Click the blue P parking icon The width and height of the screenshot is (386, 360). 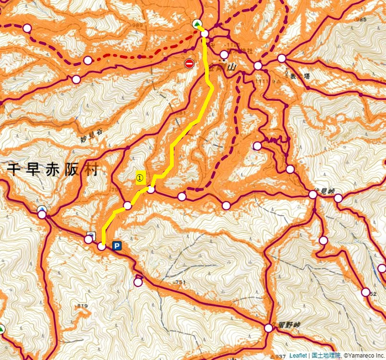point(117,246)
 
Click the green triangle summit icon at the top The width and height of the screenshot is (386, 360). point(197,24)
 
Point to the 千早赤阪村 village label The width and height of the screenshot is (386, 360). point(52,169)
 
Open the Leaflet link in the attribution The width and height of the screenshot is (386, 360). point(298,356)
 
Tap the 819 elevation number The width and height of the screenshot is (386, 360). point(82,306)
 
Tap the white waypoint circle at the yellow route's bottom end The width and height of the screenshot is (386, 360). point(102,247)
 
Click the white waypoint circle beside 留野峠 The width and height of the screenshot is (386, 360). point(268,328)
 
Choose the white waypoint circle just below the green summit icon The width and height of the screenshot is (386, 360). point(205,34)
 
